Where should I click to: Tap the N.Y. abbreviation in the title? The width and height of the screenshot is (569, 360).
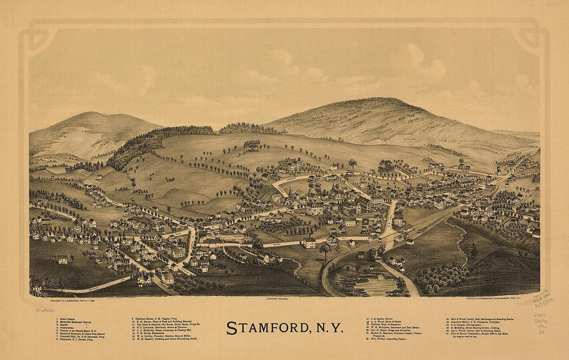click(x=327, y=328)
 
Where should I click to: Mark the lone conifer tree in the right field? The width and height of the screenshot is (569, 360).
click(x=473, y=250)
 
